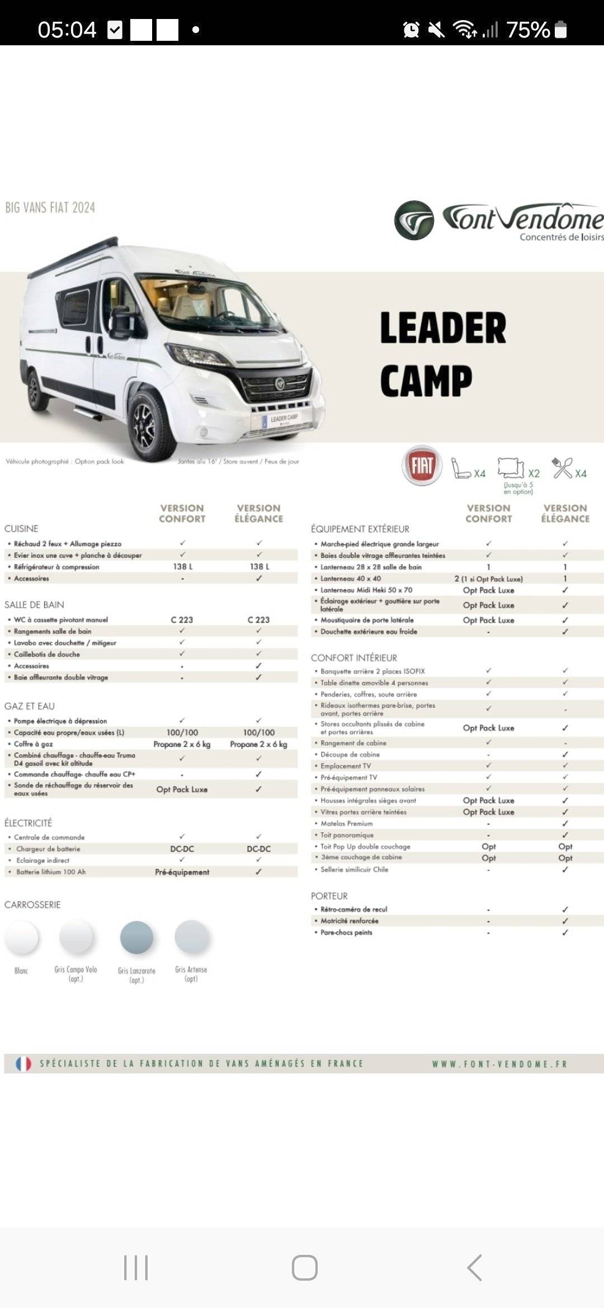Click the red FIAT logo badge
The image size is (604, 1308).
[422, 465]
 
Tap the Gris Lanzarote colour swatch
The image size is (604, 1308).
[136, 937]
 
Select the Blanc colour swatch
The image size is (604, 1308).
[21, 937]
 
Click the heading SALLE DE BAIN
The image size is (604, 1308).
[34, 605]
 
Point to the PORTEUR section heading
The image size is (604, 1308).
[329, 896]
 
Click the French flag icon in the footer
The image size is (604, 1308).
[23, 1064]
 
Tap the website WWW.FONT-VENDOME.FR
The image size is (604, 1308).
[499, 1064]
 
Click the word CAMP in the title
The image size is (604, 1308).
[426, 381]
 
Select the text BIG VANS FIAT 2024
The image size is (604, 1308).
[50, 208]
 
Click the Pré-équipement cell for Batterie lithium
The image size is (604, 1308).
[182, 872]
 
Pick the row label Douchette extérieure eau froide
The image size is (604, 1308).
[369, 632]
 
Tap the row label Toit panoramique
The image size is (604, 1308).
[347, 835]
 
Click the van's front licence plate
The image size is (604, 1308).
[283, 419]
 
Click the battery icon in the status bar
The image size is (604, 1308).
[560, 30]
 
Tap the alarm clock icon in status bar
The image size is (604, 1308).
[411, 30]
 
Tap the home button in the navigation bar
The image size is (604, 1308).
[305, 1268]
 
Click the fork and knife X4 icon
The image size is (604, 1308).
[563, 468]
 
